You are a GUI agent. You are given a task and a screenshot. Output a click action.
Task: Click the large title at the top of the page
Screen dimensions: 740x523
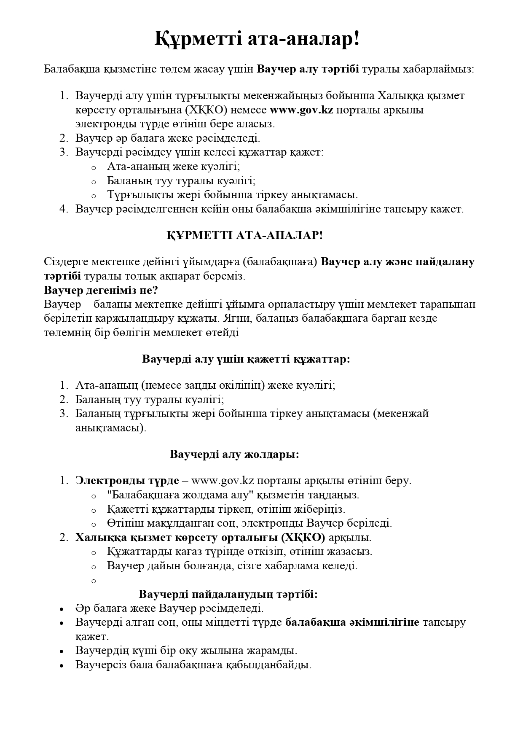[257, 39]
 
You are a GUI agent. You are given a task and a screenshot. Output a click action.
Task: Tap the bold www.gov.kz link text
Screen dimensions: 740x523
[301, 110]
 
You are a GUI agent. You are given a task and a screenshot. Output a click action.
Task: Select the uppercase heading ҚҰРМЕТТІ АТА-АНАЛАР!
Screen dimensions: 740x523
[245, 235]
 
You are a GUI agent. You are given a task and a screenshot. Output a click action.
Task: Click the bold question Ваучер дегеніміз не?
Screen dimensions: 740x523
[101, 291]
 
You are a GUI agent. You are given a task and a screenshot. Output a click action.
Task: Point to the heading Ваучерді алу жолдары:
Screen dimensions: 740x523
[235, 454]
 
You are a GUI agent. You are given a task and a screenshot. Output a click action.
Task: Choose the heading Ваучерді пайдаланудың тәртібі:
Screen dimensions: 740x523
[228, 594]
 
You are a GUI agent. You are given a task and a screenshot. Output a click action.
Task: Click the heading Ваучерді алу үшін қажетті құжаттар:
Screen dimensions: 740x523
[246, 359]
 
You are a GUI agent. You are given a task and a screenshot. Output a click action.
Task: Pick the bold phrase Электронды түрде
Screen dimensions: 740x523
[127, 480]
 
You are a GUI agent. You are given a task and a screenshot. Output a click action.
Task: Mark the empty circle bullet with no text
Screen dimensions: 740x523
[94, 581]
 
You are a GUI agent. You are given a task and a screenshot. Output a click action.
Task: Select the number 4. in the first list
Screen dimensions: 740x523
[64, 209]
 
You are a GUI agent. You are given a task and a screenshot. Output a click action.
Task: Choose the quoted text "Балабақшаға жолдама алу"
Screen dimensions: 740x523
[180, 495]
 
